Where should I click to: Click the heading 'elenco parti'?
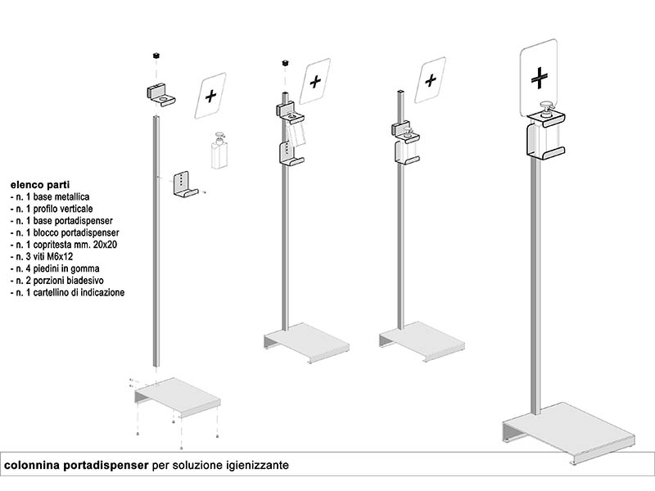[x=40, y=185]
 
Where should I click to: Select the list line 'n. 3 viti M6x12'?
[x=42, y=256]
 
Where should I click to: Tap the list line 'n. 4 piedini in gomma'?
[x=55, y=268]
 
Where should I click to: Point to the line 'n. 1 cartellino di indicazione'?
[x=67, y=292]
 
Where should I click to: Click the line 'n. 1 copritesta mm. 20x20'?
[x=64, y=244]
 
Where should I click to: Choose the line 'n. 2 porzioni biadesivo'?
[x=56, y=281]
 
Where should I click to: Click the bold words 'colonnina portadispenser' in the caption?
[x=76, y=465]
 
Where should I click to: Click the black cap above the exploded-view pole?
[x=156, y=55]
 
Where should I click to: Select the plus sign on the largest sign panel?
[x=540, y=78]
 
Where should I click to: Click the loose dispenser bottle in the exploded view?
[x=219, y=151]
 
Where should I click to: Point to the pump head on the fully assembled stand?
[x=546, y=108]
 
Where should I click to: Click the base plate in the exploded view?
[x=178, y=397]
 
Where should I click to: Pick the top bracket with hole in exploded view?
[x=160, y=96]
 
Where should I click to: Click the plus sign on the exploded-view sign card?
[x=211, y=96]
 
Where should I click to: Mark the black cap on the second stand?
[x=285, y=63]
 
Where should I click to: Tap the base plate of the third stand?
[x=422, y=341]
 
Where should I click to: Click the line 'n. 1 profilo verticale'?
[x=52, y=209]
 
